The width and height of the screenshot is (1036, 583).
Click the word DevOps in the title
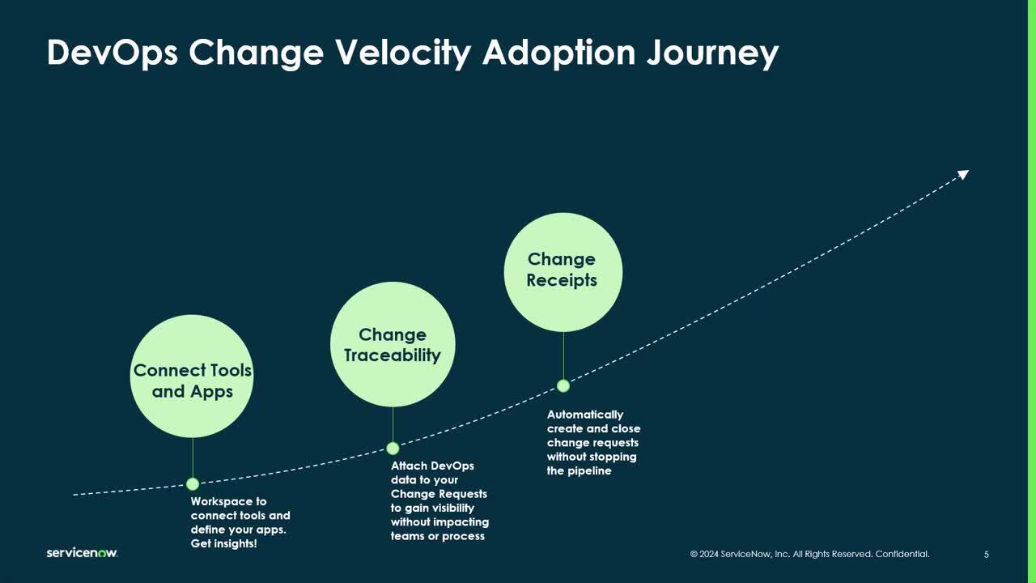[x=113, y=53]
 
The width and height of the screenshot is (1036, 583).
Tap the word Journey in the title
[x=712, y=53]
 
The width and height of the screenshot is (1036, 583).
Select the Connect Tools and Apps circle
[x=192, y=377]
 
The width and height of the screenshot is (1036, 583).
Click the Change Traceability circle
[x=393, y=345]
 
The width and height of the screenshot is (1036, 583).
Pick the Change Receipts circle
[x=563, y=272]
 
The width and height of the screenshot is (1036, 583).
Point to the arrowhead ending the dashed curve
[x=964, y=174]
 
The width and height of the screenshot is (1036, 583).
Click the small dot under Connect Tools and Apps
[x=193, y=484]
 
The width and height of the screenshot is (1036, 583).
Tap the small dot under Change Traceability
[x=393, y=449]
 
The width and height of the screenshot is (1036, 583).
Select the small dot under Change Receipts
[x=563, y=386]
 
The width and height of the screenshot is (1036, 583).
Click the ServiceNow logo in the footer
[x=82, y=553]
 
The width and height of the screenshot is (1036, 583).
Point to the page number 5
[x=986, y=555]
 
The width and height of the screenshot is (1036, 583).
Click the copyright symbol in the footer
[x=694, y=554]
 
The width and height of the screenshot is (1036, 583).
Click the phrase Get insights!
[x=224, y=543]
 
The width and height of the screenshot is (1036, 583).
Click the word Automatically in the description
[x=585, y=415]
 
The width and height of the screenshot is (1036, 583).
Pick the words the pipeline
[x=579, y=471]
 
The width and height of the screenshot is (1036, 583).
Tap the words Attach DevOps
[x=432, y=466]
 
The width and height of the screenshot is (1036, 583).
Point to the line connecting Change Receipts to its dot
[x=563, y=355]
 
